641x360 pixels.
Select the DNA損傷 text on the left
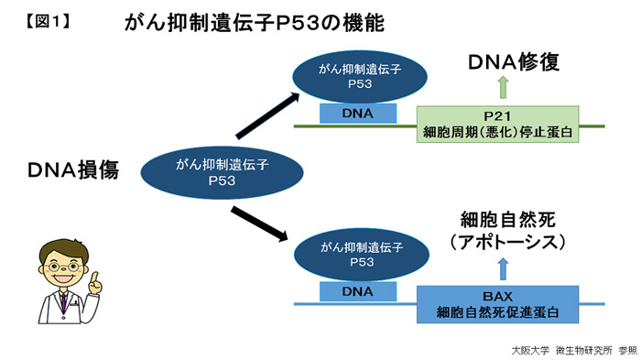click(73, 169)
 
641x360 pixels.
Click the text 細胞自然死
click(507, 220)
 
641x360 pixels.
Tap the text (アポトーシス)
click(507, 243)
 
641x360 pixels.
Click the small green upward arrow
click(502, 89)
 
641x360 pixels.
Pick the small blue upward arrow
click(502, 267)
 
